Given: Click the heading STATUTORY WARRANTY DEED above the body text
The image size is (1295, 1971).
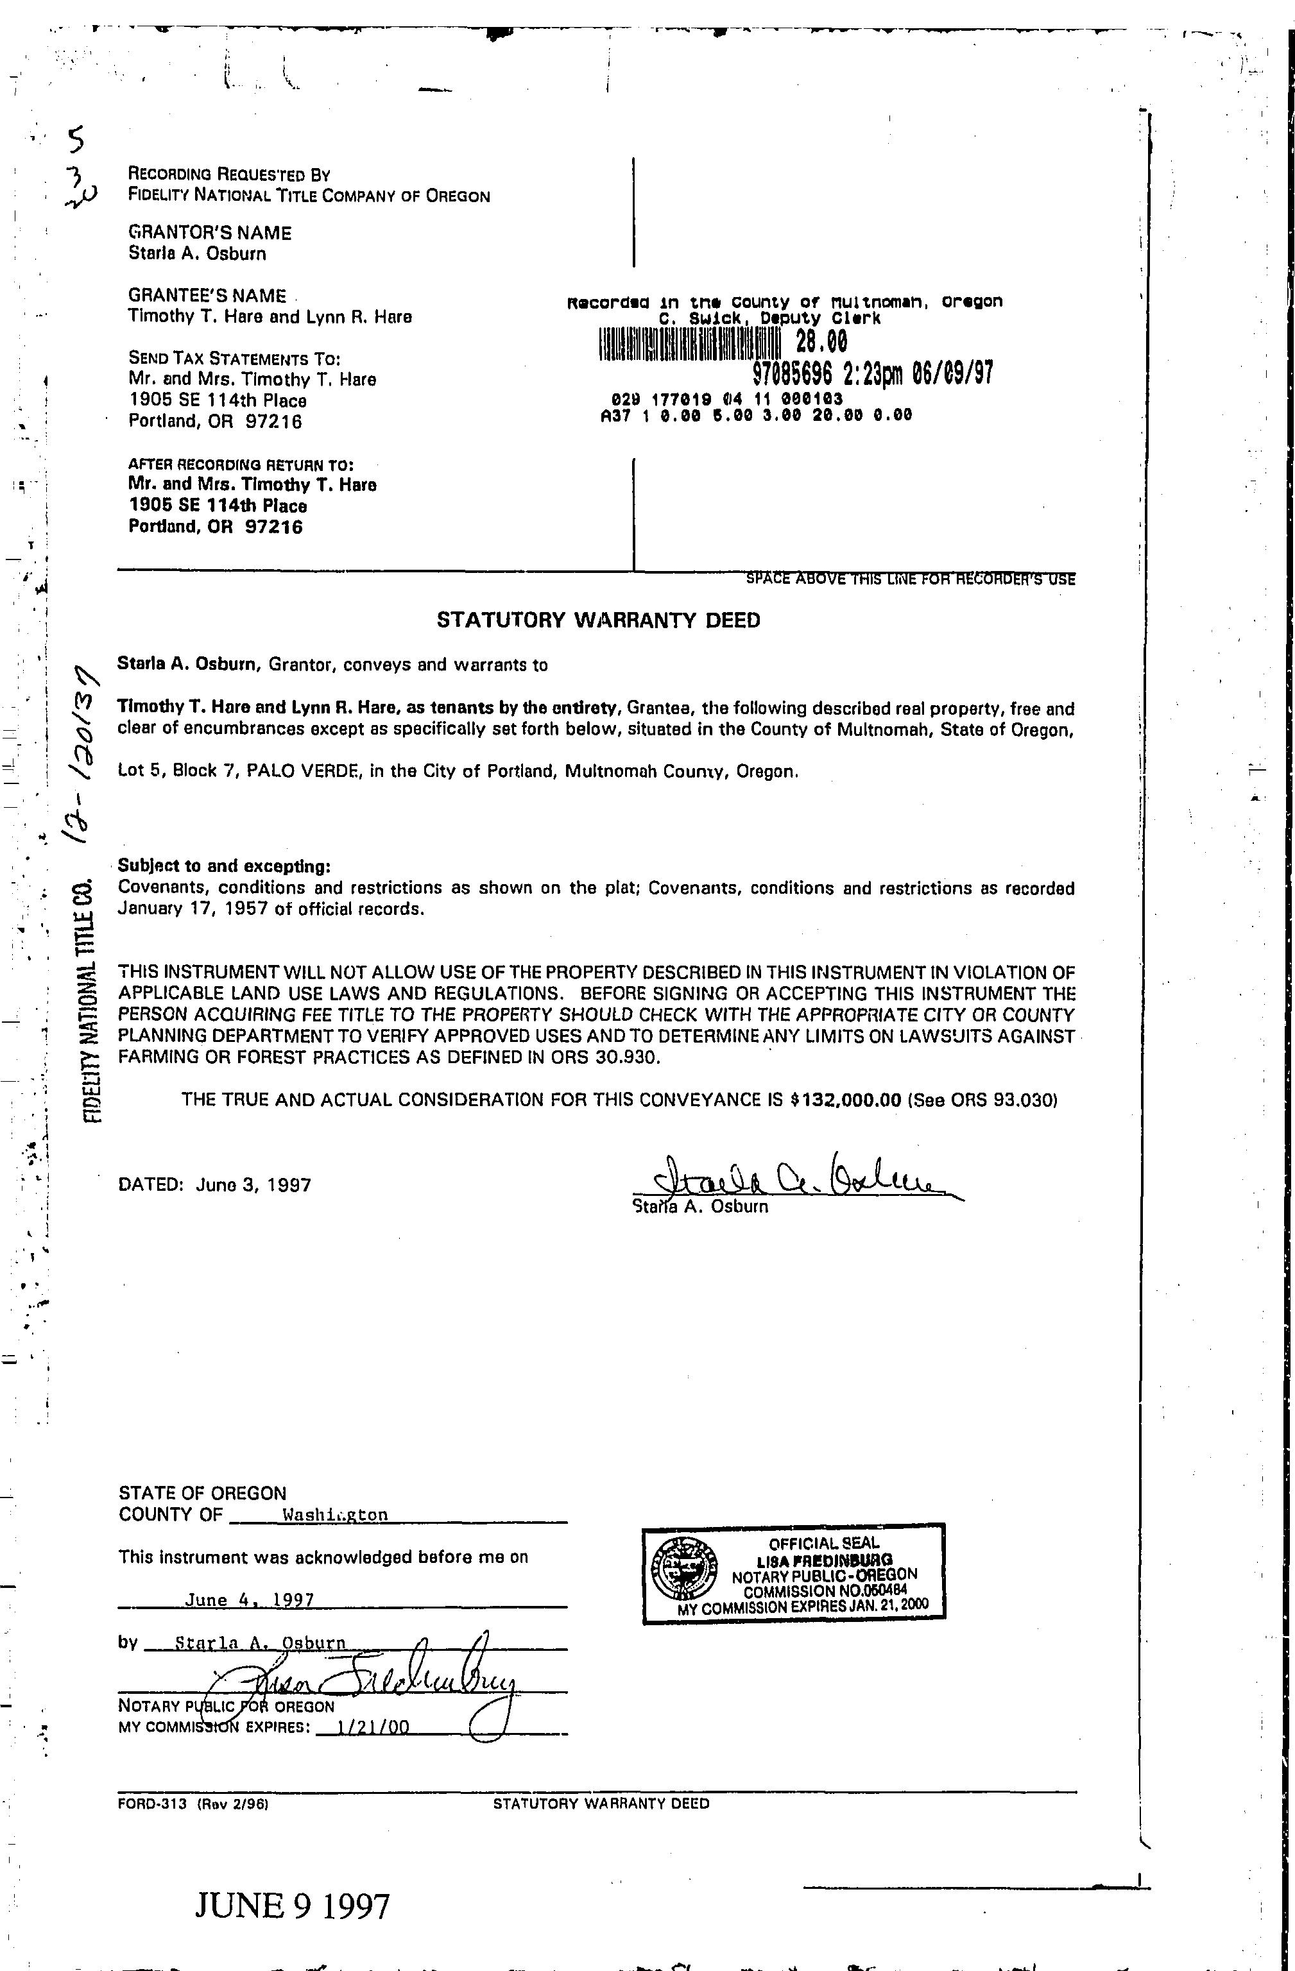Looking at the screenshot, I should (x=598, y=620).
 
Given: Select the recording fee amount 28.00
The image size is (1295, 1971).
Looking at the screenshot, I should (x=821, y=341).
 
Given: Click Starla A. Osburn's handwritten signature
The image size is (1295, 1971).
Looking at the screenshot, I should (x=795, y=1177).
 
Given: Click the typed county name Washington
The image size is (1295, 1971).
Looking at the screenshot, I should (x=335, y=1515).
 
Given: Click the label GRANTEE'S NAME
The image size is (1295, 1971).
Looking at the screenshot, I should (x=207, y=296).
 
